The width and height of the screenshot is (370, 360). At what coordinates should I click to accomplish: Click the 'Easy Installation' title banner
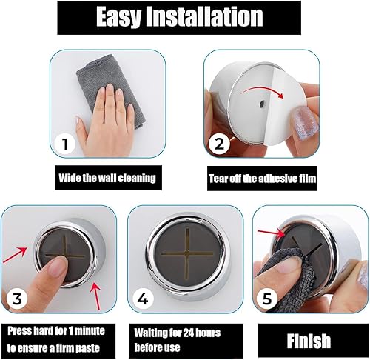coord(179,18)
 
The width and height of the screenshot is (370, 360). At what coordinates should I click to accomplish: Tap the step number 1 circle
coord(64,144)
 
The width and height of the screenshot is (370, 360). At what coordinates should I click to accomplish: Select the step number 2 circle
coord(219,144)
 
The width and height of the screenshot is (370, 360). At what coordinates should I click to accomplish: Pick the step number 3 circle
coord(17,299)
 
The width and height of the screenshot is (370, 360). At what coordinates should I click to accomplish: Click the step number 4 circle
coord(144,299)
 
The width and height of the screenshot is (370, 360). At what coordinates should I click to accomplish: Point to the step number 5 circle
coord(267,299)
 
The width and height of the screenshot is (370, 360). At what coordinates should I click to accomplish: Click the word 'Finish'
coord(309,341)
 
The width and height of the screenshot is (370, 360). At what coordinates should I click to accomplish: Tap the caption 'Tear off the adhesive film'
coord(262,179)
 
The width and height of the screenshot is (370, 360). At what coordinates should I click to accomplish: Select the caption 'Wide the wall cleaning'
coord(107,178)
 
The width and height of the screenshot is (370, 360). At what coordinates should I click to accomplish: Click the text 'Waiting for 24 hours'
coord(177,333)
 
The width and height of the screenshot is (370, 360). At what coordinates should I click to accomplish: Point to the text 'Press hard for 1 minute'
coord(56,330)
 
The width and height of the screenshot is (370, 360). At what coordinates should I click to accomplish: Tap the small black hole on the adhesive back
coord(262,104)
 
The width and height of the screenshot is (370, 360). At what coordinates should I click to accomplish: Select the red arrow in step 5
coord(272,234)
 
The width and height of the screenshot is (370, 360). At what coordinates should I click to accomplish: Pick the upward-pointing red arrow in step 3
coord(96,296)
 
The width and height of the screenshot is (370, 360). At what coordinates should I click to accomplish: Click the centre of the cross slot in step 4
coord(187,253)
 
